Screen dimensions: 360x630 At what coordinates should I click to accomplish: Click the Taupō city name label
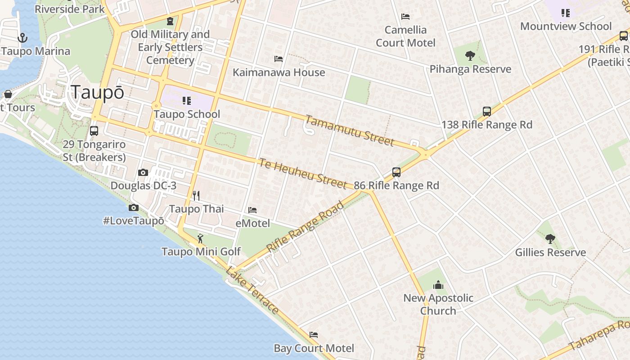click(x=98, y=92)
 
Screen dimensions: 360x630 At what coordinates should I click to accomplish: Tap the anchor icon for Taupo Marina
click(x=22, y=38)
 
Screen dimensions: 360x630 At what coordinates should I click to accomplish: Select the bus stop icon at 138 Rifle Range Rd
click(x=486, y=112)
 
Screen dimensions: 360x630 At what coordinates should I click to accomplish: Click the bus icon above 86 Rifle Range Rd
click(x=396, y=172)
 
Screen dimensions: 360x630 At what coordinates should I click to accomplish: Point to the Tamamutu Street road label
click(x=350, y=130)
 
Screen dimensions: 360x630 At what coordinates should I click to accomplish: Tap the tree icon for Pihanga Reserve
click(x=470, y=56)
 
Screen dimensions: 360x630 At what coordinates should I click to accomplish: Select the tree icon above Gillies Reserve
click(x=550, y=238)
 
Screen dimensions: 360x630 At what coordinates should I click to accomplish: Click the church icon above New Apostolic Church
click(x=438, y=285)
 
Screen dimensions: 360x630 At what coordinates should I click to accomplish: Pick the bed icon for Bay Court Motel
click(x=314, y=335)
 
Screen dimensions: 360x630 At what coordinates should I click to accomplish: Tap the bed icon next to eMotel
click(x=252, y=210)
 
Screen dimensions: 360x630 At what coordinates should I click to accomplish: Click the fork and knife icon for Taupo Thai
click(x=196, y=195)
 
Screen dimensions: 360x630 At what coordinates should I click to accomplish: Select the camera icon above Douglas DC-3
click(x=143, y=172)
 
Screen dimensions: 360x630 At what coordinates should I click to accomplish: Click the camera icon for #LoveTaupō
click(x=133, y=207)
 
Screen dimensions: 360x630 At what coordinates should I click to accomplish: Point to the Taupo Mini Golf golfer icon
click(x=201, y=238)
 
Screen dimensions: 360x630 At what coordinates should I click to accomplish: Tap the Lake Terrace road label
click(x=252, y=290)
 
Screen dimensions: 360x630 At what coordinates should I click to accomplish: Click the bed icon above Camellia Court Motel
click(x=405, y=17)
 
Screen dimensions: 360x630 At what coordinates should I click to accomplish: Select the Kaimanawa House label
click(x=279, y=72)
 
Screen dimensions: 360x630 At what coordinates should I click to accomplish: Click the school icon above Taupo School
click(x=187, y=100)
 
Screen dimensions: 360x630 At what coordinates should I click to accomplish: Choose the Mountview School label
click(x=566, y=26)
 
